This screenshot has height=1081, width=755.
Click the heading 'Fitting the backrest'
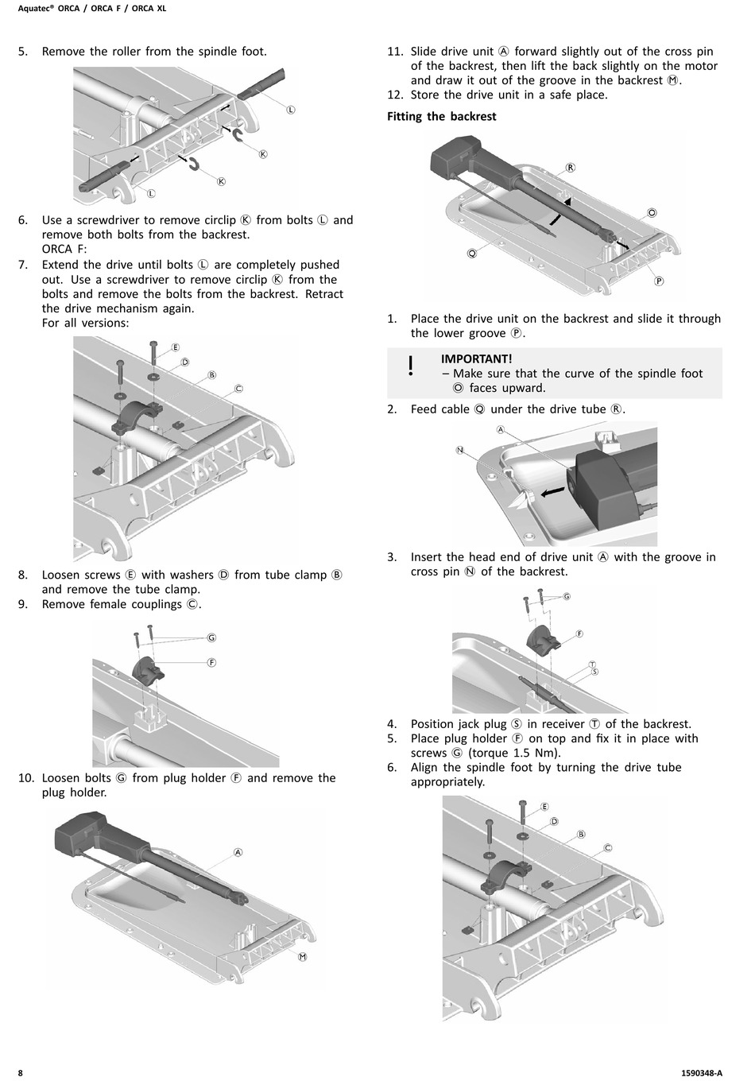441,117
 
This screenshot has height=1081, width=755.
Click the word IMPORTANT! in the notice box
476,359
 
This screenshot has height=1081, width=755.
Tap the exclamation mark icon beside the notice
410,366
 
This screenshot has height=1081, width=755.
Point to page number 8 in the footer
21,1072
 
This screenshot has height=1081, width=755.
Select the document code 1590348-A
702,1072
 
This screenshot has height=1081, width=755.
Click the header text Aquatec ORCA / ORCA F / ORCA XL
92,9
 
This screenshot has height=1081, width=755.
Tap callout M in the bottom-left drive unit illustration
302,956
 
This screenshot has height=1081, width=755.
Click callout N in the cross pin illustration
459,450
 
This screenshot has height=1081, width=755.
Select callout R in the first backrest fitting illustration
570,168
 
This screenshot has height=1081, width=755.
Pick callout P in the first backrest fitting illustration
659,281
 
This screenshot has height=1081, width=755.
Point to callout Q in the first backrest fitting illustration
472,253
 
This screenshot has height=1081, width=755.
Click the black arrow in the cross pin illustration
550,493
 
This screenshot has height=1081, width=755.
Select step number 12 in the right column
396,95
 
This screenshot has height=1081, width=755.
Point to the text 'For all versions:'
85,323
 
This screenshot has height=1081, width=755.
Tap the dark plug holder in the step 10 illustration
149,668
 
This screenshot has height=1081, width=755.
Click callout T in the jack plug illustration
592,664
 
